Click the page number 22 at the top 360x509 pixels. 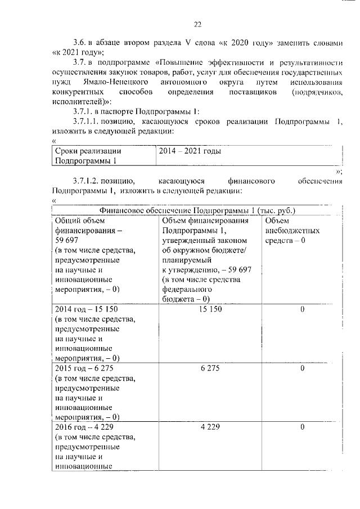[197, 24]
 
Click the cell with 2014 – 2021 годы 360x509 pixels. [190, 151]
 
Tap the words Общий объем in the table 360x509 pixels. [78, 220]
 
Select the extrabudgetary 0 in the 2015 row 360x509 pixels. [302, 368]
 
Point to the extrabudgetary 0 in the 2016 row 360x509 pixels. [302, 427]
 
